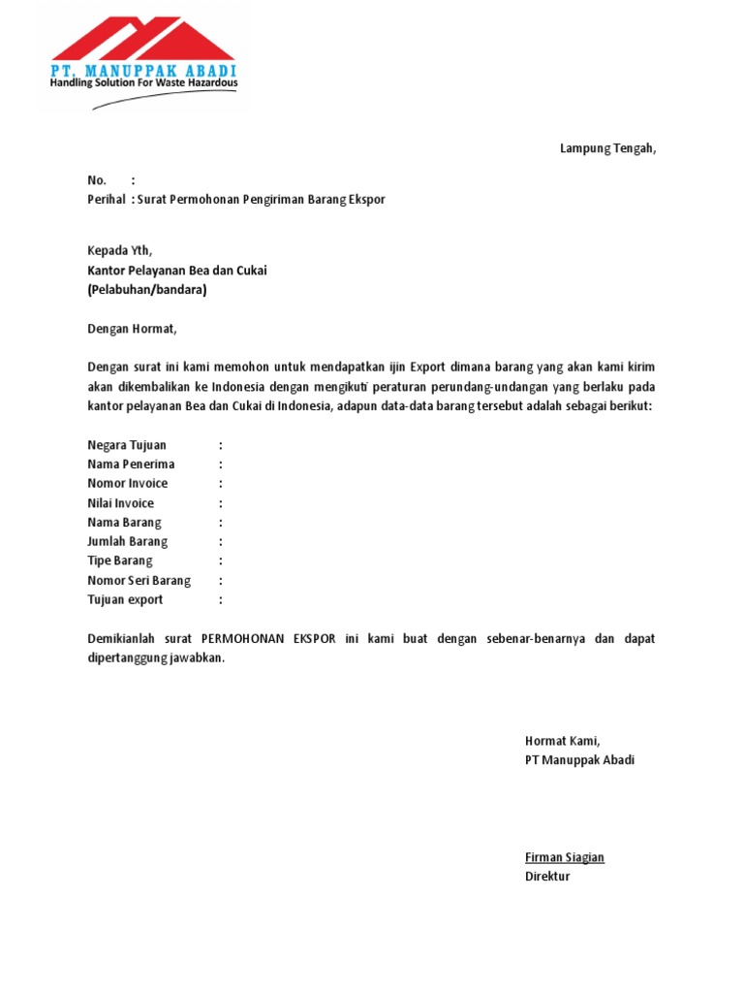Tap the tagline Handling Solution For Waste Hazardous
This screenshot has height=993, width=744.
[x=143, y=84]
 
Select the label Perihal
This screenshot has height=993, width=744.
[x=106, y=200]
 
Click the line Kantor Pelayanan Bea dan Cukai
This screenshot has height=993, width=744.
[x=176, y=271]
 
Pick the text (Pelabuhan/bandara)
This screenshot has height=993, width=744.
[x=147, y=290]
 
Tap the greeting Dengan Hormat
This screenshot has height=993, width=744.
[x=133, y=329]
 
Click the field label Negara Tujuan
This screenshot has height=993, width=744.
[x=128, y=445]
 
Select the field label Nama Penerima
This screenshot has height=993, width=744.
[x=131, y=464]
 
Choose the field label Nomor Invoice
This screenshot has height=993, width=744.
[x=127, y=484]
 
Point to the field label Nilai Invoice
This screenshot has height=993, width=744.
[x=120, y=503]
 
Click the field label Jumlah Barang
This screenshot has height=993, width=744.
[x=127, y=542]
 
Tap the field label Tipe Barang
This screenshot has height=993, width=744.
[x=119, y=561]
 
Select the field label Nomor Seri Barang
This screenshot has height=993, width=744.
[x=139, y=581]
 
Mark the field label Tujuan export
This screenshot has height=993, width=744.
[x=125, y=600]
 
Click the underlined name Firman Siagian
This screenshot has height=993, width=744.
[x=564, y=857]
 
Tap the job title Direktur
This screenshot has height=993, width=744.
[x=547, y=877]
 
